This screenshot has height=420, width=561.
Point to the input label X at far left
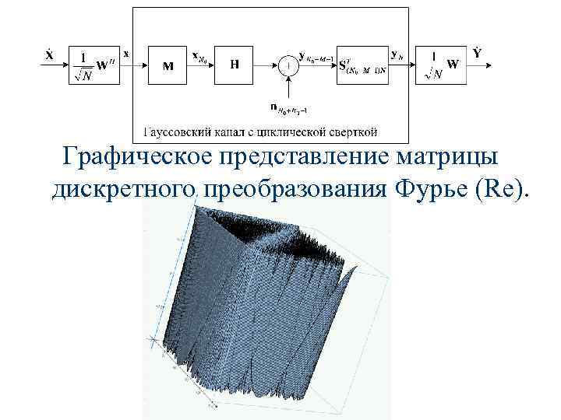(x=49, y=54)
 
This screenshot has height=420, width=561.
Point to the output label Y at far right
(x=477, y=53)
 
